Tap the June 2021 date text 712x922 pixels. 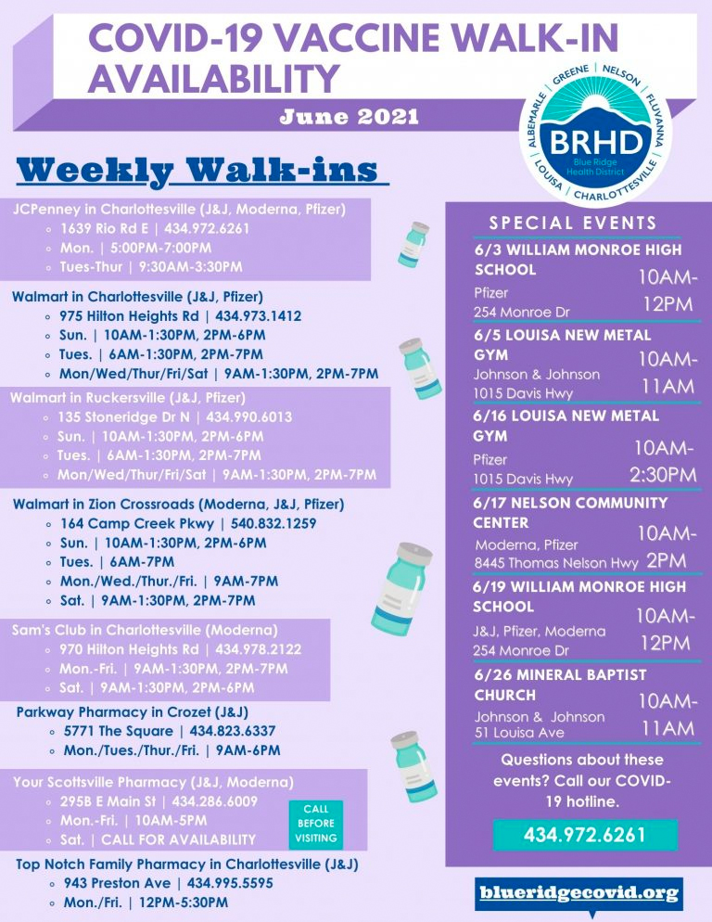click(x=350, y=116)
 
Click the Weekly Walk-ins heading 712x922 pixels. click(x=197, y=170)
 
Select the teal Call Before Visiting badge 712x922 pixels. click(x=316, y=824)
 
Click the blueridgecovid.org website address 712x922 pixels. click(x=579, y=893)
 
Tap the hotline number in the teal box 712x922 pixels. click(x=584, y=835)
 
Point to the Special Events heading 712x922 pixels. click(x=573, y=223)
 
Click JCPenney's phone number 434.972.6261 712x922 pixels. click(x=207, y=229)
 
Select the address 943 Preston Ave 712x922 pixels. click(x=117, y=883)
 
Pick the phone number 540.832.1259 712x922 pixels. click(x=273, y=523)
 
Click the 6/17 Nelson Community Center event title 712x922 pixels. click(x=570, y=513)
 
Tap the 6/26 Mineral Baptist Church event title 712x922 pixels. click(x=560, y=685)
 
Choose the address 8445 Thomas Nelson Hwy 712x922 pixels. click(x=556, y=563)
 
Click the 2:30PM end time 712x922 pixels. click(x=663, y=475)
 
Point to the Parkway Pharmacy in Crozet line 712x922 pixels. click(x=133, y=712)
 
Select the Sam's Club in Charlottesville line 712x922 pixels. click(x=145, y=630)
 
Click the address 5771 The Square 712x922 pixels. click(x=118, y=731)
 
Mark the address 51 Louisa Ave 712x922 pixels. click(x=519, y=733)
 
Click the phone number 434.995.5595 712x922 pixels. click(x=230, y=883)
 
